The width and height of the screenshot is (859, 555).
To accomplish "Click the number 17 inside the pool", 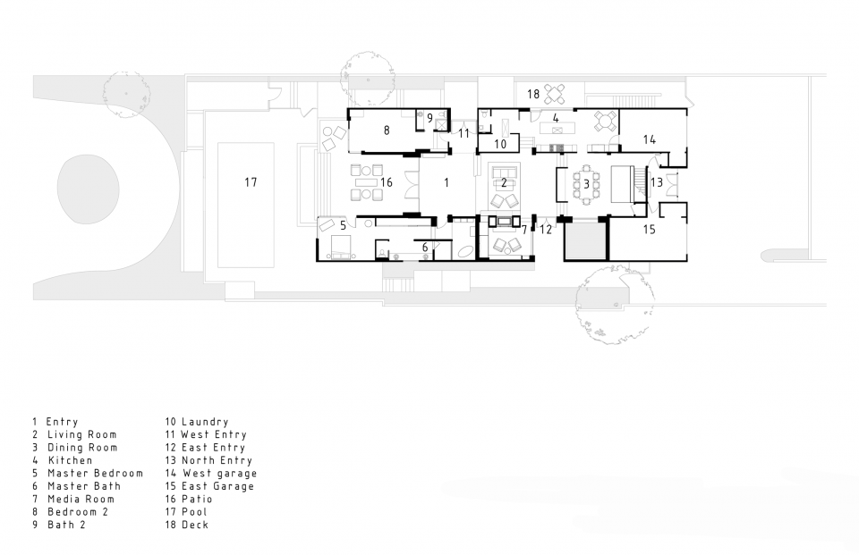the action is point(251,181).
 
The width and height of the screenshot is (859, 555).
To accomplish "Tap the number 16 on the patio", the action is point(387,182).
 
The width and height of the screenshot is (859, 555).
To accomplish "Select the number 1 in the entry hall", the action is point(447,182).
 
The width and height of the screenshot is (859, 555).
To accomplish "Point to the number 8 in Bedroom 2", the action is point(387,130).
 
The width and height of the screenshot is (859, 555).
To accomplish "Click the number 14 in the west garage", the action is point(650,139).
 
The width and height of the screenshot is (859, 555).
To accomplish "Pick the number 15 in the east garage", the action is point(650,229).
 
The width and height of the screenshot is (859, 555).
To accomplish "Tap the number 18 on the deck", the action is point(533,94).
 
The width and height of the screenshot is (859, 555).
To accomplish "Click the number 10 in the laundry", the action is point(500,144).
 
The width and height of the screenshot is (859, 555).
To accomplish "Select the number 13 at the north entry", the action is point(656,181).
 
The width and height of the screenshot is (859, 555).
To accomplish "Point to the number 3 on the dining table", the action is point(586,184).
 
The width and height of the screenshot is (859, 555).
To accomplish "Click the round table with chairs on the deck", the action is point(556,94).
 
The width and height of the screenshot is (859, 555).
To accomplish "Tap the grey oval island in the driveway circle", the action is point(88,189).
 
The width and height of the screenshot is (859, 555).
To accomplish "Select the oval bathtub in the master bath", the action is point(465,252).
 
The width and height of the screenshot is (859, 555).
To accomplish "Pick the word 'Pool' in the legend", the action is point(194,512).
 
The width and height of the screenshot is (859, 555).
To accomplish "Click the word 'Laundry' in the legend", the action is point(205,422).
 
